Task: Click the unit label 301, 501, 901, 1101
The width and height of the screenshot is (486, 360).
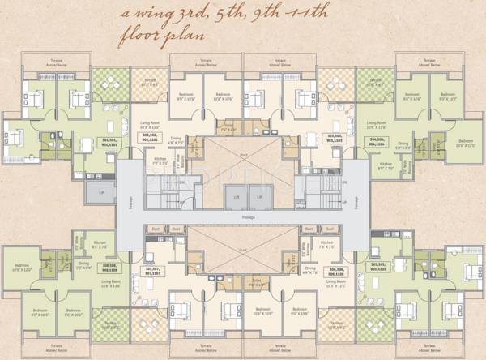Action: tap(109, 144)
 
